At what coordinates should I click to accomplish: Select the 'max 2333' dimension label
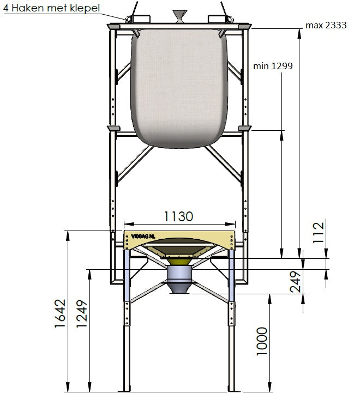point(326,26)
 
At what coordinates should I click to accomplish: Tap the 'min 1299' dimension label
point(273,66)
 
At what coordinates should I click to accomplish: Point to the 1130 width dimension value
point(178,216)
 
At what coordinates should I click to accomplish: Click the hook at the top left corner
point(130,16)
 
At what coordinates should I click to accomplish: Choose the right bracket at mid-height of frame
point(244,129)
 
